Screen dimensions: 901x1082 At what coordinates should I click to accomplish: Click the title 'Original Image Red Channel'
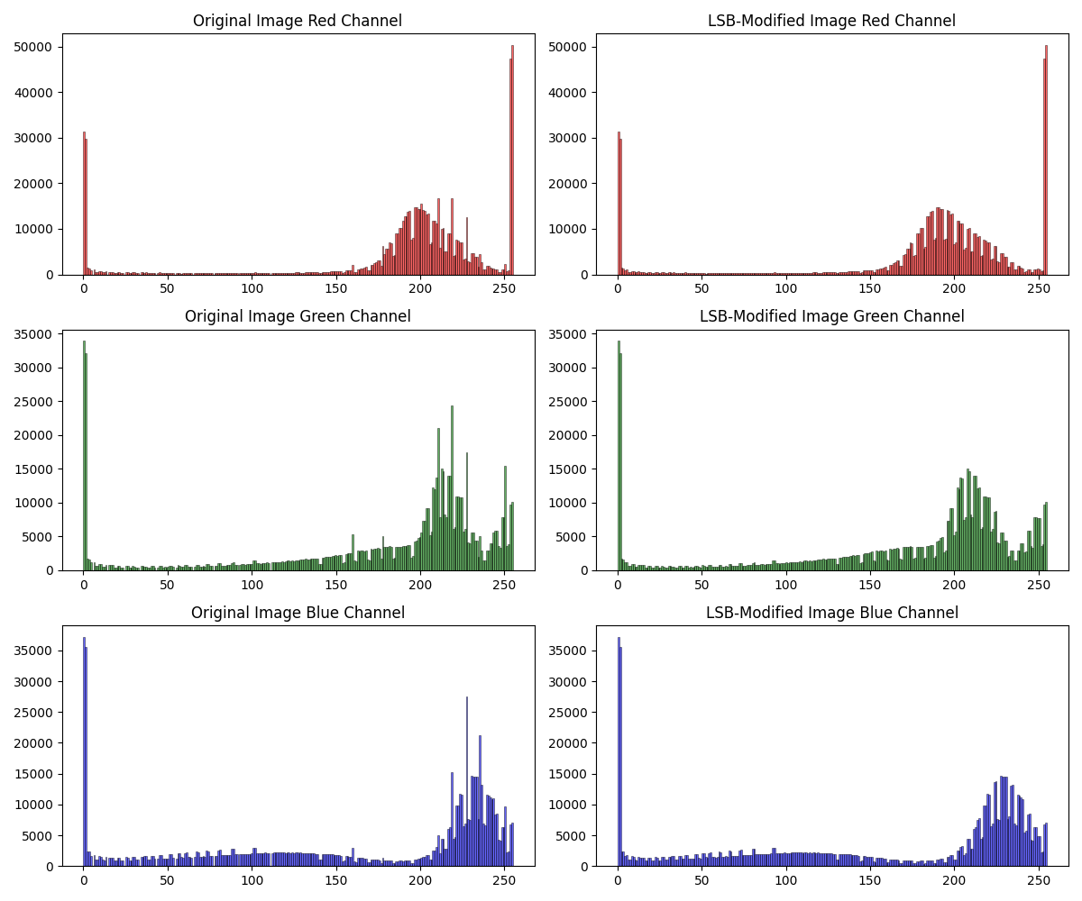click(x=298, y=21)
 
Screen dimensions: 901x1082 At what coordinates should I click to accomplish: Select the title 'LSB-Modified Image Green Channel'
click(x=831, y=316)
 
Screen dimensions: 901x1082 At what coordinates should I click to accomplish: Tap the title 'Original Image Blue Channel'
click(x=298, y=613)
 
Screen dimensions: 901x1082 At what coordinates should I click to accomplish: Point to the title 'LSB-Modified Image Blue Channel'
click(x=831, y=613)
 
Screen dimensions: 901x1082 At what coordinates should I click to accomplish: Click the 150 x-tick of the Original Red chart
click(x=335, y=288)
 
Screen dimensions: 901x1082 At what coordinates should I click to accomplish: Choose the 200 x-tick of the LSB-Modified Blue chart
click(x=954, y=880)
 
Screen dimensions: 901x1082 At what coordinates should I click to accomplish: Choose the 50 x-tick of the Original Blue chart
click(x=168, y=880)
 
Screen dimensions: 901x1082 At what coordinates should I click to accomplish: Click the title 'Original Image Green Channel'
click(x=298, y=316)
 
